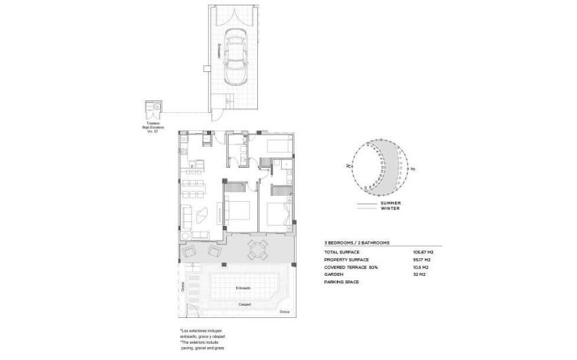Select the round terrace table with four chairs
[257, 249]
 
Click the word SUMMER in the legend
[390, 203]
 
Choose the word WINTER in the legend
[390, 209]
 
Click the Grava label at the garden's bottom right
[284, 312]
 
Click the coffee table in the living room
[202, 216]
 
